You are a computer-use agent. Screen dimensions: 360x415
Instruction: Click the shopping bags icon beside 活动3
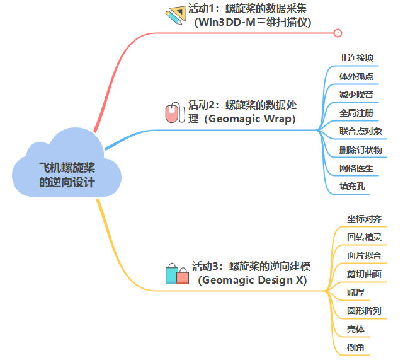[177, 274]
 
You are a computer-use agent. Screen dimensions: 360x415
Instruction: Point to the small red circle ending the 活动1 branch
[338, 33]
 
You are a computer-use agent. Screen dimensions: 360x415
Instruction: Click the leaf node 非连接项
[356, 57]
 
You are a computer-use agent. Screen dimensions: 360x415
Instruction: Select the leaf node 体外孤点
[356, 76]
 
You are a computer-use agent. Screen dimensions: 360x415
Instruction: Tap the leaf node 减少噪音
[356, 95]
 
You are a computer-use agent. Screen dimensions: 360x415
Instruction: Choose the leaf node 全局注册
[356, 113]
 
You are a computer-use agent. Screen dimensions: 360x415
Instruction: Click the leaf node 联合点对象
[360, 131]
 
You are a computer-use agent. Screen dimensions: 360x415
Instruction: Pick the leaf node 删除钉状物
[360, 149]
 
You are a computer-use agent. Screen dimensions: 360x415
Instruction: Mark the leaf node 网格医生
[356, 168]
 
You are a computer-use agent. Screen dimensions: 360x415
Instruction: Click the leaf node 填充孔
[352, 187]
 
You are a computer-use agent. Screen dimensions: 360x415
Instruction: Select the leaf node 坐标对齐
[364, 219]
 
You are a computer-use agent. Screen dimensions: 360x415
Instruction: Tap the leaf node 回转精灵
[364, 237]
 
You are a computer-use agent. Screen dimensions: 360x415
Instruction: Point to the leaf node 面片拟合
[364, 255]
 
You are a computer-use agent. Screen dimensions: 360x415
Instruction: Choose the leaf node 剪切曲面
[364, 274]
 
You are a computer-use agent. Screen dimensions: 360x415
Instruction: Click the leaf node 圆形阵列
[364, 311]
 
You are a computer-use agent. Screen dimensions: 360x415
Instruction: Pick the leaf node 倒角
[356, 347]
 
